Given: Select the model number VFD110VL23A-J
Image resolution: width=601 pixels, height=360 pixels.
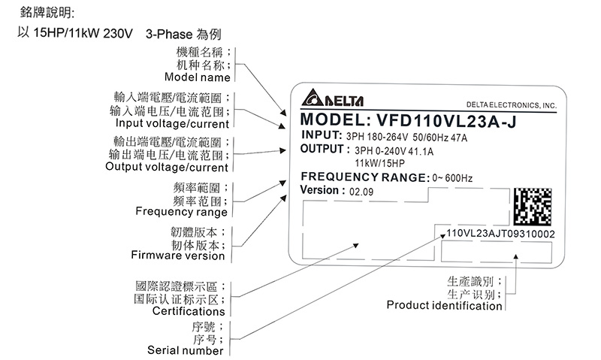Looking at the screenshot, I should click(448, 120).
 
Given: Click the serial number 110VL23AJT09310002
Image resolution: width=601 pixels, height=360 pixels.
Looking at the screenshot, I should click(500, 234).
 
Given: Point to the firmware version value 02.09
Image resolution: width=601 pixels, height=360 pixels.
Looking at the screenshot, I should click(359, 192).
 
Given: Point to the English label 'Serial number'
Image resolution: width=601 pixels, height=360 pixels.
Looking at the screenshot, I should click(185, 350).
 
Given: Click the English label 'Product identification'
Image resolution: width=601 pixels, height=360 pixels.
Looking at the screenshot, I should click(444, 305).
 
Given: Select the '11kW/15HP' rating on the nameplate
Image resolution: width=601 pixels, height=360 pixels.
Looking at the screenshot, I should click(379, 162).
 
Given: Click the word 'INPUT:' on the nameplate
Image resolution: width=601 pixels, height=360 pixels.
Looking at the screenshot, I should click(321, 136).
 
